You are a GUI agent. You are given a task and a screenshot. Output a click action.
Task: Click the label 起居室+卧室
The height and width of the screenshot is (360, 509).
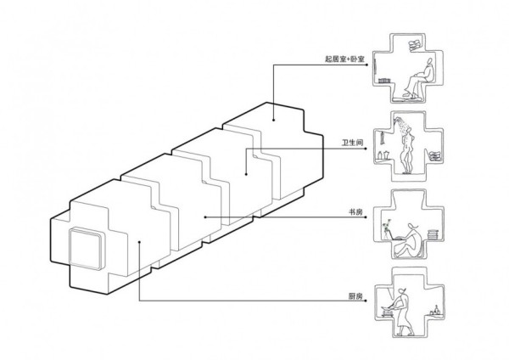[x=344, y=60]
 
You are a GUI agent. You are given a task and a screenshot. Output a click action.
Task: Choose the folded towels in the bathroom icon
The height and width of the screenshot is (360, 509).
[x=434, y=155]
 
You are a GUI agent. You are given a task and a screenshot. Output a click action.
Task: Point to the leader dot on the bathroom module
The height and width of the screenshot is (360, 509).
[x=246, y=175]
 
